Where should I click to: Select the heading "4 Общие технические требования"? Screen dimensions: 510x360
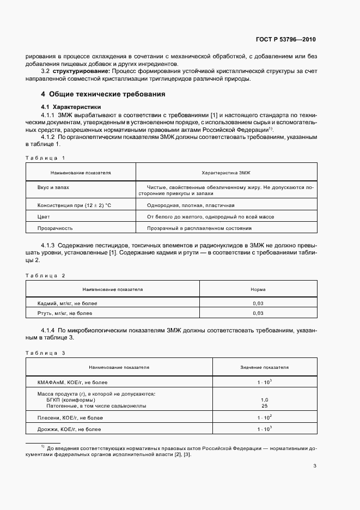pos(103,94)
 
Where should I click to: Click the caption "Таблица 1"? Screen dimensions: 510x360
pos(46,157)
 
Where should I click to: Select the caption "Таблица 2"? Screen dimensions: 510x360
pos(46,275)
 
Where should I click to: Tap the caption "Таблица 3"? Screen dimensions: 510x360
pos(46,353)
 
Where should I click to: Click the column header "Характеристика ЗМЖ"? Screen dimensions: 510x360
pos(225,172)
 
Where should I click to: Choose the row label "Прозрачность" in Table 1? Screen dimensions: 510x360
pos(55,228)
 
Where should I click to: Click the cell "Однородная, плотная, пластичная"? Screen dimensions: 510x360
pos(191,205)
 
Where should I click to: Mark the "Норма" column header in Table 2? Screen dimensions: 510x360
pos(258,289)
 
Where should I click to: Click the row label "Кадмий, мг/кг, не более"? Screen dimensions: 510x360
pos(68,303)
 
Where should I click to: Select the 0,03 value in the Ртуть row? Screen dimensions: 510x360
pos(258,313)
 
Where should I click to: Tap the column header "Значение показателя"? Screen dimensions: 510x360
pos(264,368)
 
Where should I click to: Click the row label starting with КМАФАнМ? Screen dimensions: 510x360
pos(69,382)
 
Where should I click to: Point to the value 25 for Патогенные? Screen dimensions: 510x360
pos(264,406)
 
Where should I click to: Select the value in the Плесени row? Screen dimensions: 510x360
pos(264,417)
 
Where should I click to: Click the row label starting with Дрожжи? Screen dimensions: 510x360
pos(69,430)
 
